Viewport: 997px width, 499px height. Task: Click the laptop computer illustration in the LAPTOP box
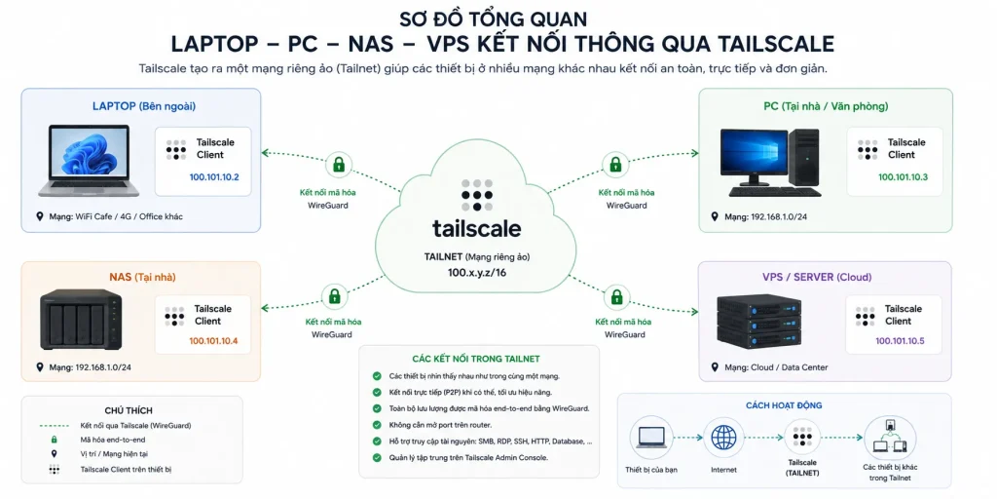[89, 161]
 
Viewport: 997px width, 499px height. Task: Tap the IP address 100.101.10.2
[214, 177]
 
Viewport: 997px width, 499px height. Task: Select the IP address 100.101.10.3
[903, 177]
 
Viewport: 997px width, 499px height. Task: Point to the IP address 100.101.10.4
[213, 341]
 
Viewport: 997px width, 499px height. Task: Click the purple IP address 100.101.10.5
[900, 341]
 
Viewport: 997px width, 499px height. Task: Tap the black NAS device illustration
[80, 320]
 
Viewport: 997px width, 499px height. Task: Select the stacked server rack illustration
[758, 320]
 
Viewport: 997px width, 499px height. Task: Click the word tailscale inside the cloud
[476, 228]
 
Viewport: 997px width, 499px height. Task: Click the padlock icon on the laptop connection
[339, 165]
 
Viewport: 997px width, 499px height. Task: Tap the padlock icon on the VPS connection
[616, 296]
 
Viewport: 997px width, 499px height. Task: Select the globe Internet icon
[723, 438]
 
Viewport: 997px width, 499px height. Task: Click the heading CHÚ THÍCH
[129, 410]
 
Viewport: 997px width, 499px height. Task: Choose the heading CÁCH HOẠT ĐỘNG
[784, 405]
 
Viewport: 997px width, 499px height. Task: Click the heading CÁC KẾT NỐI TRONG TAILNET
[476, 359]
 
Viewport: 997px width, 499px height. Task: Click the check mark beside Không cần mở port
[377, 425]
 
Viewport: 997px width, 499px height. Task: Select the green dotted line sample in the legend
[55, 425]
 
